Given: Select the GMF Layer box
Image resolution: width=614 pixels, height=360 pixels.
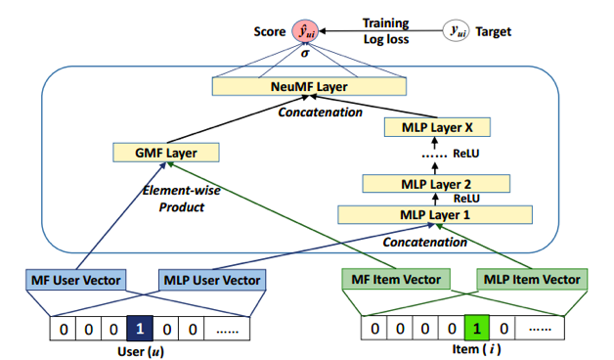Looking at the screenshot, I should (163, 153).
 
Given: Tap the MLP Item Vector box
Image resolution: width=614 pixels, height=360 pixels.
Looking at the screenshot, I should (531, 281).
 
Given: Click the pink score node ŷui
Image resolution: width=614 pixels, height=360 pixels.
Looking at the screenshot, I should (306, 30).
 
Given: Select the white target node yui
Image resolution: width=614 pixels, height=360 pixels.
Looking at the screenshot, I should (456, 30).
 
